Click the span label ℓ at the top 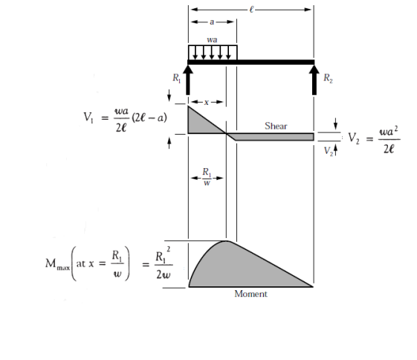tap(251, 10)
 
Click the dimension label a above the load tap(212, 22)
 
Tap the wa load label tap(212, 40)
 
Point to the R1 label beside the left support tap(177, 78)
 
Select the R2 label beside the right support tap(328, 78)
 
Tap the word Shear tap(276, 126)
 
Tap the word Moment tap(250, 294)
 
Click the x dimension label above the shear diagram tap(207, 102)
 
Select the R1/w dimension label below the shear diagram tap(207, 177)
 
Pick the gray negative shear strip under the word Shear tap(274, 137)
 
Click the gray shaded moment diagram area tap(239, 269)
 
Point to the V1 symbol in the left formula tap(88, 118)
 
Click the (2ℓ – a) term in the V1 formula tap(149, 118)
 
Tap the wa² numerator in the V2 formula tap(389, 132)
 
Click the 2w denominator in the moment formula tap(164, 274)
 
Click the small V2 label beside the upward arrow tap(329, 152)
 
